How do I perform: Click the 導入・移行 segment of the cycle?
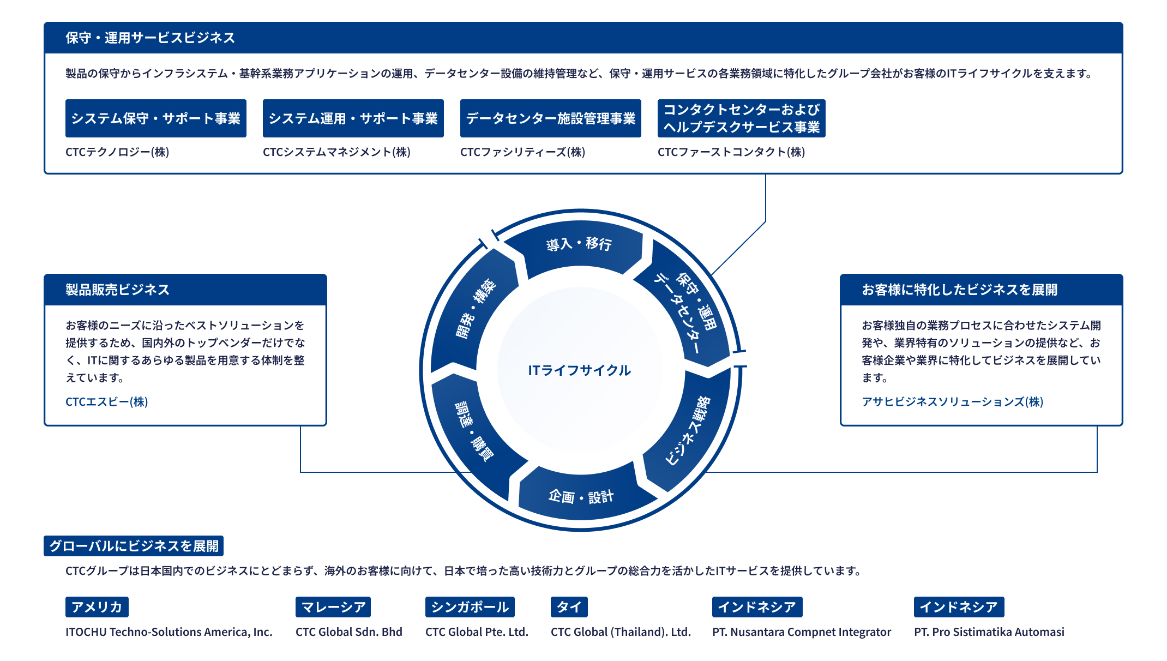tap(579, 244)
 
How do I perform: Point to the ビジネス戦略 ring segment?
tap(688, 431)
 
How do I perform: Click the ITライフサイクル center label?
tap(580, 371)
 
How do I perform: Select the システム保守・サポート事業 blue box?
tap(156, 118)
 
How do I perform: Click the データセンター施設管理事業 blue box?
tap(551, 118)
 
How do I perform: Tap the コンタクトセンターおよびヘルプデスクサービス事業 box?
tap(742, 118)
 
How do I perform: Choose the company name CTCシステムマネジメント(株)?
tap(336, 152)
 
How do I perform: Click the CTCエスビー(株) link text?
tap(107, 402)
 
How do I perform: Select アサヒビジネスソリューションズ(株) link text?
tap(953, 402)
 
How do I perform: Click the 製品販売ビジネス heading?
tap(118, 290)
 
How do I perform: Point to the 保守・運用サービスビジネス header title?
tap(151, 38)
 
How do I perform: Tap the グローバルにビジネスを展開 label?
tap(134, 546)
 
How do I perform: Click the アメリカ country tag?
tap(97, 607)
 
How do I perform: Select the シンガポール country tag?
tap(470, 607)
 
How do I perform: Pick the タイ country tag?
tap(569, 607)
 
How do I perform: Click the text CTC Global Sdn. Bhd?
tap(349, 632)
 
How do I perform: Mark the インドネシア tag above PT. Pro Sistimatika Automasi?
tap(959, 607)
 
